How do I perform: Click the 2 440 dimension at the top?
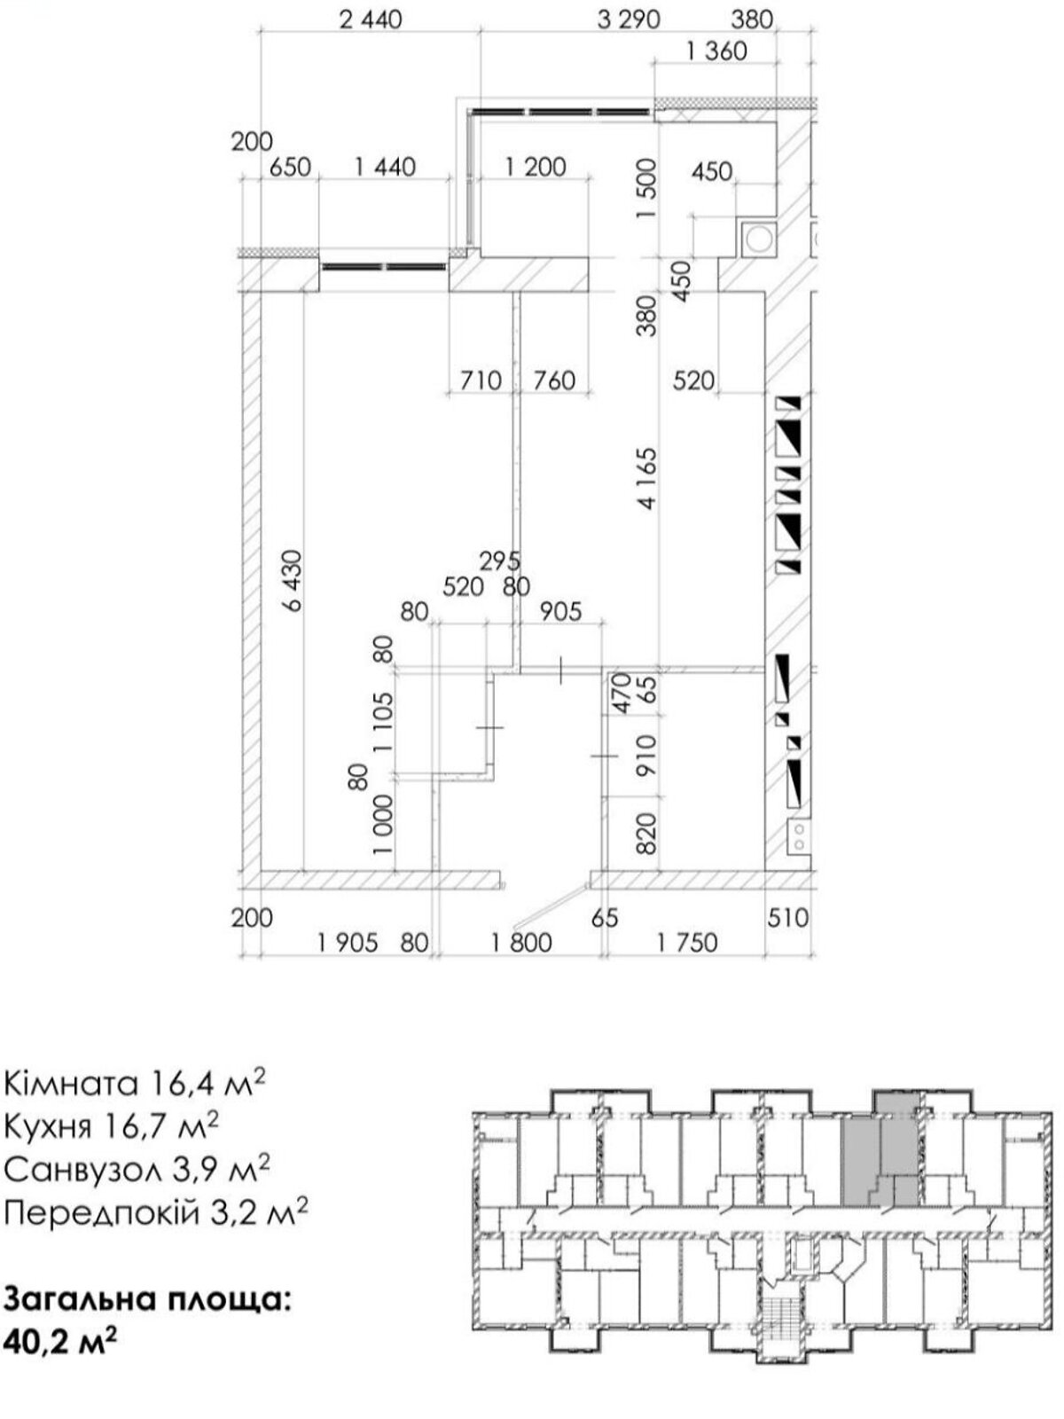(370, 20)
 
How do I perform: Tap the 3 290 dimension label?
(628, 20)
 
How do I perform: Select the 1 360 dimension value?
(716, 51)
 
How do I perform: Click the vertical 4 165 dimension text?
(646, 478)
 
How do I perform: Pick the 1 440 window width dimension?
(385, 168)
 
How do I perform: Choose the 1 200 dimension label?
(535, 168)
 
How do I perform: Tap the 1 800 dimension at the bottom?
(521, 944)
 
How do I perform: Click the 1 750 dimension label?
(686, 944)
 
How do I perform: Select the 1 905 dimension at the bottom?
(348, 944)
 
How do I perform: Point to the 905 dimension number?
(560, 612)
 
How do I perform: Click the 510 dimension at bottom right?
(788, 917)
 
